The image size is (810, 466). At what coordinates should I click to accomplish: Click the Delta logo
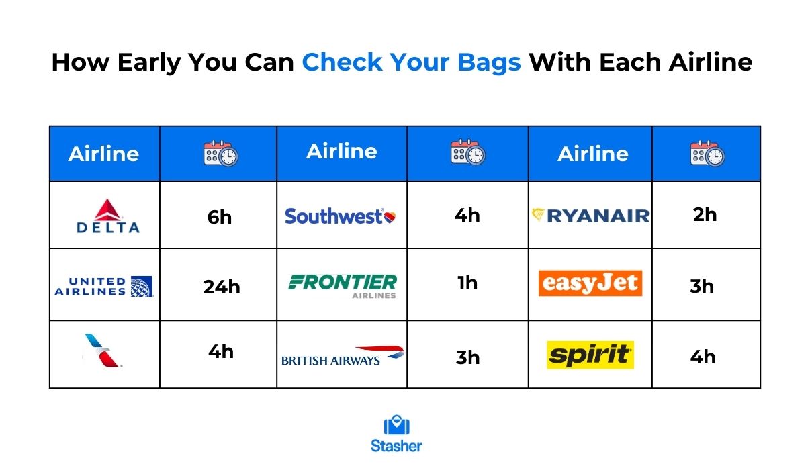pos(107,216)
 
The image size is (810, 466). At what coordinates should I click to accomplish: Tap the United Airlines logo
pos(104,286)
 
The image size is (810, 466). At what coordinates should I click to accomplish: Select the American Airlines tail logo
pos(103,351)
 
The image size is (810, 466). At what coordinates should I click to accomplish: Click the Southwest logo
pos(341,216)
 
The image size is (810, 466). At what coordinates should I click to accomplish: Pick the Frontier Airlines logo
pos(343,286)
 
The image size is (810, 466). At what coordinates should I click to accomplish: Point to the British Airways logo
pos(343,356)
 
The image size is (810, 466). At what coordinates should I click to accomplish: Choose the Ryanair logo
pos(590,216)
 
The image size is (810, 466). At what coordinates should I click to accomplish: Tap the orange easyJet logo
pos(590,283)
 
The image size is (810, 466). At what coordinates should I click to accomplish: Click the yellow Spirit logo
pos(590,355)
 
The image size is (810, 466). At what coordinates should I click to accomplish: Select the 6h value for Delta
pos(220,218)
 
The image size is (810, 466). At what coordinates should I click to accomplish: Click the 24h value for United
pos(222,287)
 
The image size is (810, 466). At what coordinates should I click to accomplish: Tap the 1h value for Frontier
pos(467,283)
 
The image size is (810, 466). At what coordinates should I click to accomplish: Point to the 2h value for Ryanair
pos(705,214)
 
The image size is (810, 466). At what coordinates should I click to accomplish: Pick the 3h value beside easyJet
pos(702,286)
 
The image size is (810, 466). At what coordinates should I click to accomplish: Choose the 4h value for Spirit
pos(703,357)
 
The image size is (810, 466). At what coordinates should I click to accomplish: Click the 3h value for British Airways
pos(467,357)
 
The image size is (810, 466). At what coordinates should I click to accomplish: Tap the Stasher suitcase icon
pos(397,425)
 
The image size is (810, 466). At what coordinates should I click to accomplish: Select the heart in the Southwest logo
pos(390,217)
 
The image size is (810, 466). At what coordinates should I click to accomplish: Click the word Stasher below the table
pos(396,446)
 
